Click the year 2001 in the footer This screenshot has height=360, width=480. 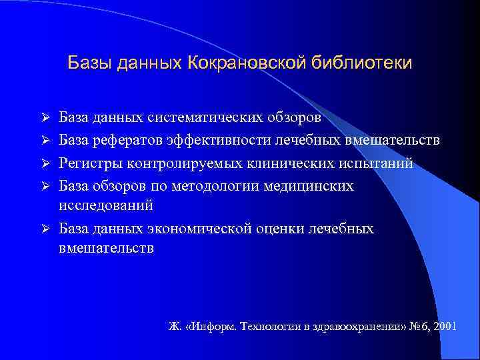coord(443,327)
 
